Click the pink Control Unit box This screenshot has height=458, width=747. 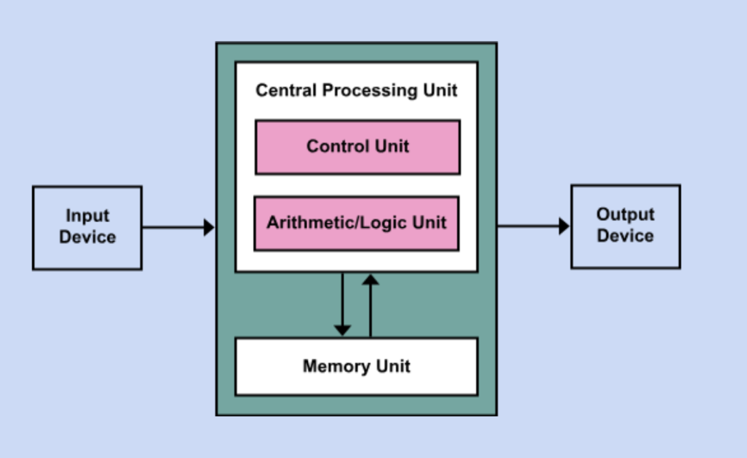click(357, 147)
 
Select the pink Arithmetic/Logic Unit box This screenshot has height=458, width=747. click(356, 224)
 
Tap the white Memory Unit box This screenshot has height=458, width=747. click(356, 366)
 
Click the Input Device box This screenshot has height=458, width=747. click(87, 228)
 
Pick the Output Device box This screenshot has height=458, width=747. click(625, 226)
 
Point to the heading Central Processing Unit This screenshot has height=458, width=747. click(356, 90)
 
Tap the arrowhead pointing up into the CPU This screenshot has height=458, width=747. click(370, 280)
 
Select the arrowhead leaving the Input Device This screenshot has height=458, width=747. click(209, 228)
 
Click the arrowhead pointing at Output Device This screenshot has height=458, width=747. click(564, 226)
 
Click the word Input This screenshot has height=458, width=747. click(87, 216)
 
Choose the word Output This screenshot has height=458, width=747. click(625, 215)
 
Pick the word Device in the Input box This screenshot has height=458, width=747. click(87, 238)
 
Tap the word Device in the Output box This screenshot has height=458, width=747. click(625, 237)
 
